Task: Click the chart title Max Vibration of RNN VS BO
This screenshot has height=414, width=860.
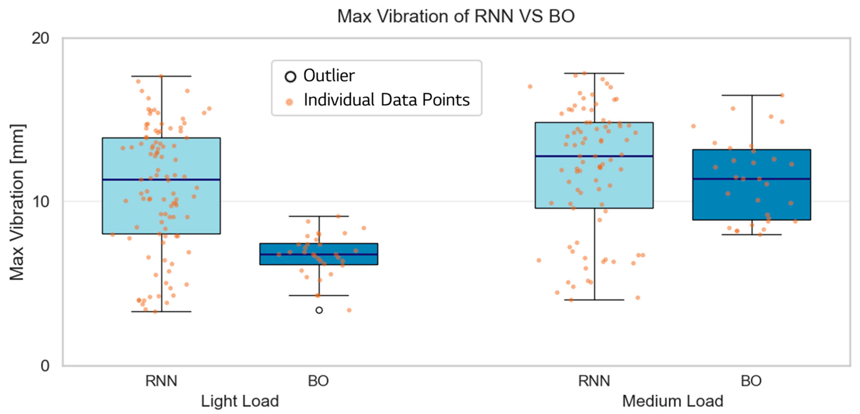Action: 456,16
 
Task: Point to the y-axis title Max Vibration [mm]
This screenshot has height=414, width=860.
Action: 17,202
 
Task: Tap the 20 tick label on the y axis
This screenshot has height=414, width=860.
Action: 40,39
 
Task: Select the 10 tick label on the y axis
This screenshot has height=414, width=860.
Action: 40,202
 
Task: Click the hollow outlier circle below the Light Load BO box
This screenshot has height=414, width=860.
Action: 319,310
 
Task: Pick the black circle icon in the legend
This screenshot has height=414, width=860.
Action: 290,76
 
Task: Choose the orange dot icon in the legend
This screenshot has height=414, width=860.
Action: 290,102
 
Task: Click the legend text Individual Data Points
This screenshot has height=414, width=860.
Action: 386,100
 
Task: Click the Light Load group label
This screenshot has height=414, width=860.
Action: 240,401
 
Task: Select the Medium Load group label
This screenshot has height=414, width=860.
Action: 673,401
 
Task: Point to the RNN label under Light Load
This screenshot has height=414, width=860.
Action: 161,381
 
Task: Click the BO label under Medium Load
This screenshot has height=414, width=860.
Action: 751,381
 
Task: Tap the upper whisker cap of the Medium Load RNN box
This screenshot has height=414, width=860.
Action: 594,73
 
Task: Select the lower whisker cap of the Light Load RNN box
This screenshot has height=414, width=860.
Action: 161,311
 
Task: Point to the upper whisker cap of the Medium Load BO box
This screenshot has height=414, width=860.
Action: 752,95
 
